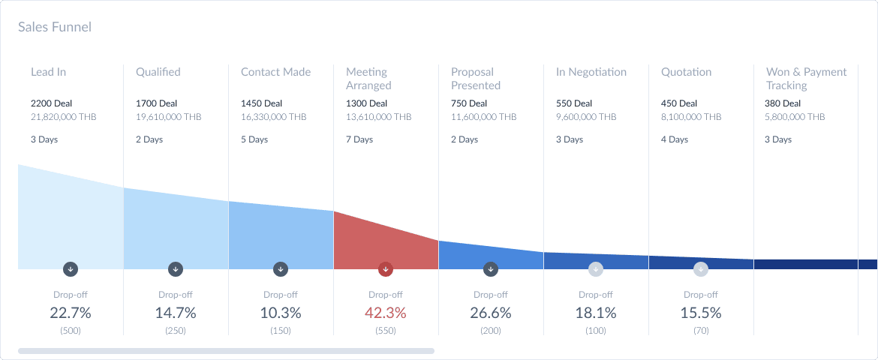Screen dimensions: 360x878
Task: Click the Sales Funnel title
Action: pos(55,27)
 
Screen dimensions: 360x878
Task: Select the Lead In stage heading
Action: pos(48,72)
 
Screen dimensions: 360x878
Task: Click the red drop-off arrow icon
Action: pos(386,268)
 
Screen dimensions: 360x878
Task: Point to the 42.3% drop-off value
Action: pos(386,313)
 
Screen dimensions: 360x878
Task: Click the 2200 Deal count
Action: pos(51,103)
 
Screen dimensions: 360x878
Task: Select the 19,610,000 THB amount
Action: pos(168,117)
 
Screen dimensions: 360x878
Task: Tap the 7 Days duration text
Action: pos(359,139)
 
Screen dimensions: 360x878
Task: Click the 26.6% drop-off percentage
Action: pos(491,313)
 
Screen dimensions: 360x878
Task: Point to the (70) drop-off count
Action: pos(701,331)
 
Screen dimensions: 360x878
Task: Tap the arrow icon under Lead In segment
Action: pos(71,268)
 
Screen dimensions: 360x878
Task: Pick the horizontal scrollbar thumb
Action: pos(226,350)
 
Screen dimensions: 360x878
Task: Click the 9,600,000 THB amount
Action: pos(586,117)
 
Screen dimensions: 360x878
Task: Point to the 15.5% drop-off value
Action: pos(701,313)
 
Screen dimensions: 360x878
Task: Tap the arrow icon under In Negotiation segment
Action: pos(596,268)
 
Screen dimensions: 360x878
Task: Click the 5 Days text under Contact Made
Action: pos(254,139)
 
